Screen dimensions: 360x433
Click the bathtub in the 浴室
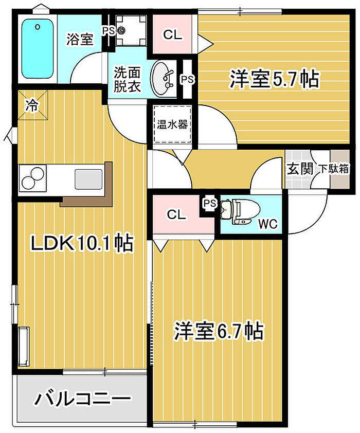click(37, 49)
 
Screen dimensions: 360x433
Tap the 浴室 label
click(80, 40)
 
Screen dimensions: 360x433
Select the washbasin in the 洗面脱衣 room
click(163, 79)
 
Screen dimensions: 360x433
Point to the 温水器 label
click(172, 124)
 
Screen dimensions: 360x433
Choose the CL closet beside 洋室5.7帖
click(172, 34)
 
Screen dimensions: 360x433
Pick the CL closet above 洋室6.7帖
click(180, 214)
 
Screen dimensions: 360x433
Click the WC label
click(267, 224)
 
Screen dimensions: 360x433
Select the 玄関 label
click(300, 169)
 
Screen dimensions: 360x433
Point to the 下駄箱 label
click(334, 169)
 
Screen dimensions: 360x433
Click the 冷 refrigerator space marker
click(32, 105)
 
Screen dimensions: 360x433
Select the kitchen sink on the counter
click(88, 179)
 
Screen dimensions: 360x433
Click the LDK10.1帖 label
click(82, 243)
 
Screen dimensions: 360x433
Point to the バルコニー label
click(82, 399)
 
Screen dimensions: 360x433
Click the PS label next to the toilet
click(210, 204)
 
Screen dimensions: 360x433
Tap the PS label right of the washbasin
click(187, 80)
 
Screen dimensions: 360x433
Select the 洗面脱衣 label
click(127, 80)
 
